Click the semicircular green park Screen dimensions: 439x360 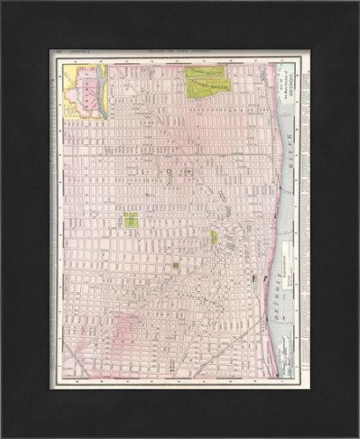click(215, 237)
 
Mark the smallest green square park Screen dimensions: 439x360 click(176, 265)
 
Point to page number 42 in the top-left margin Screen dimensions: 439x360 click(58, 50)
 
